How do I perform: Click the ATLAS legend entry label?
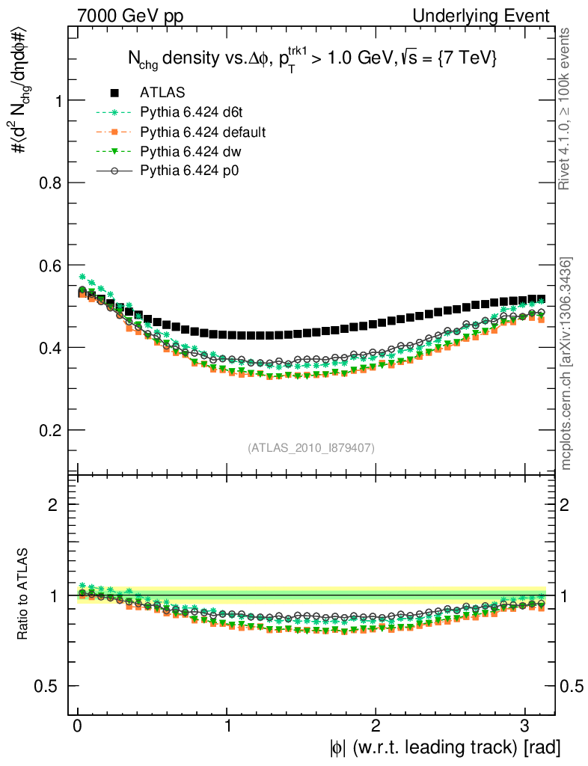coord(162,93)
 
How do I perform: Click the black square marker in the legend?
coord(114,93)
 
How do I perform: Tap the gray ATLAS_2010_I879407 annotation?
coord(311,447)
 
